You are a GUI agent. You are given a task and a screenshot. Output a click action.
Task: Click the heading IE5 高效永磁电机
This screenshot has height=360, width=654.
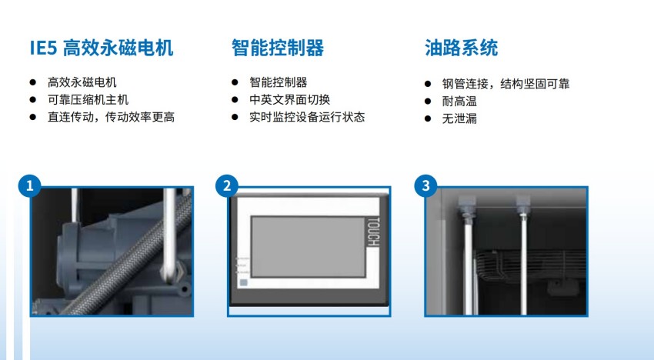click(102, 48)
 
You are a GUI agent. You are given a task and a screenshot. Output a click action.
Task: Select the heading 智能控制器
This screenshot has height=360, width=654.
click(278, 48)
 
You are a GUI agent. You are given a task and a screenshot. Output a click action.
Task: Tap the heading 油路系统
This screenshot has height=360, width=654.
click(462, 48)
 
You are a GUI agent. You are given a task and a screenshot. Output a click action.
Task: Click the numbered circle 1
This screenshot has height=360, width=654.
click(29, 185)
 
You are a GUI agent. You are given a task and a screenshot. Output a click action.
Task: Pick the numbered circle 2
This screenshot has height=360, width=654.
click(227, 185)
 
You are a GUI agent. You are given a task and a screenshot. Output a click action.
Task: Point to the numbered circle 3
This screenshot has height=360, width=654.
click(425, 185)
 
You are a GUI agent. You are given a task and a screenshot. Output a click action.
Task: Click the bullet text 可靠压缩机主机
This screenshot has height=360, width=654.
click(88, 100)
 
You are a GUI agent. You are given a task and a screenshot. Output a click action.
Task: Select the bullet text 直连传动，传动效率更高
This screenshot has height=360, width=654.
click(111, 117)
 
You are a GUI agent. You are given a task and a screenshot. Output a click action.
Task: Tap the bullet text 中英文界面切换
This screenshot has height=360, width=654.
click(290, 100)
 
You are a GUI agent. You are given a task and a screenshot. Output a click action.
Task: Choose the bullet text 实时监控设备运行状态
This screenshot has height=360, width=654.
click(307, 117)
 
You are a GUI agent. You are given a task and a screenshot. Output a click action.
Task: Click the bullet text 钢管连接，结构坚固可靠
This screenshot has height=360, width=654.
click(506, 84)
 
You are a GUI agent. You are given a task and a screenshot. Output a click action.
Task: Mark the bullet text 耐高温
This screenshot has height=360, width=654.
click(459, 102)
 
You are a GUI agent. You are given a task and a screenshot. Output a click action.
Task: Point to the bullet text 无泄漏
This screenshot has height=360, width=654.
click(459, 118)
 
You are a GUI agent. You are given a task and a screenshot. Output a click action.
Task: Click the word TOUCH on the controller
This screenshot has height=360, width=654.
click(373, 232)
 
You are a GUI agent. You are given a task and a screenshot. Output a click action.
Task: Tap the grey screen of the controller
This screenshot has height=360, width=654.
click(309, 246)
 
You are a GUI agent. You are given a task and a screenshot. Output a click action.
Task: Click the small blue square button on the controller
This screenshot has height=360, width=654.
click(244, 283)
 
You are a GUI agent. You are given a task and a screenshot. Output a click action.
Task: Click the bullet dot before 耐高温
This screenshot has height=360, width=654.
click(428, 102)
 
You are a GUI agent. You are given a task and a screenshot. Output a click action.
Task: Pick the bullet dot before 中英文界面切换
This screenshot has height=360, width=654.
click(235, 100)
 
